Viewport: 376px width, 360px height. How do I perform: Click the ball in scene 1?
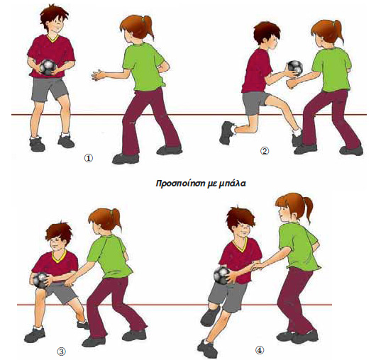click(x=48, y=67)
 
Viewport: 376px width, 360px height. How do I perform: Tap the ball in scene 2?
click(x=295, y=68)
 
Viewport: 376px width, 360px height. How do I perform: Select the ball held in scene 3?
click(x=40, y=280)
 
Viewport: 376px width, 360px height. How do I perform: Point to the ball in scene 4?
click(x=222, y=275)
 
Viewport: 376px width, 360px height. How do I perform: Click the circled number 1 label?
click(x=88, y=158)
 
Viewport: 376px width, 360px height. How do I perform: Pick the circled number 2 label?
click(x=265, y=151)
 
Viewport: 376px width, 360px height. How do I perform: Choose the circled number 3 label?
click(x=61, y=351)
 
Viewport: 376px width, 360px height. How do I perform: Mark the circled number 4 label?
click(x=260, y=351)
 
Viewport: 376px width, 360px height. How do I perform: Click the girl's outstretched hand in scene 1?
click(x=98, y=74)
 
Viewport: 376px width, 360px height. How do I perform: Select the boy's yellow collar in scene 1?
click(x=53, y=38)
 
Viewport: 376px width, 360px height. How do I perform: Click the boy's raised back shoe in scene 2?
click(x=226, y=133)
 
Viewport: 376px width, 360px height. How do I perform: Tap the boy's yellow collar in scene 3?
click(x=59, y=257)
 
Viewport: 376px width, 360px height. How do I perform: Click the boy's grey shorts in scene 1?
click(x=49, y=89)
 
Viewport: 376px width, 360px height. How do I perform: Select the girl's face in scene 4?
click(x=284, y=215)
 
